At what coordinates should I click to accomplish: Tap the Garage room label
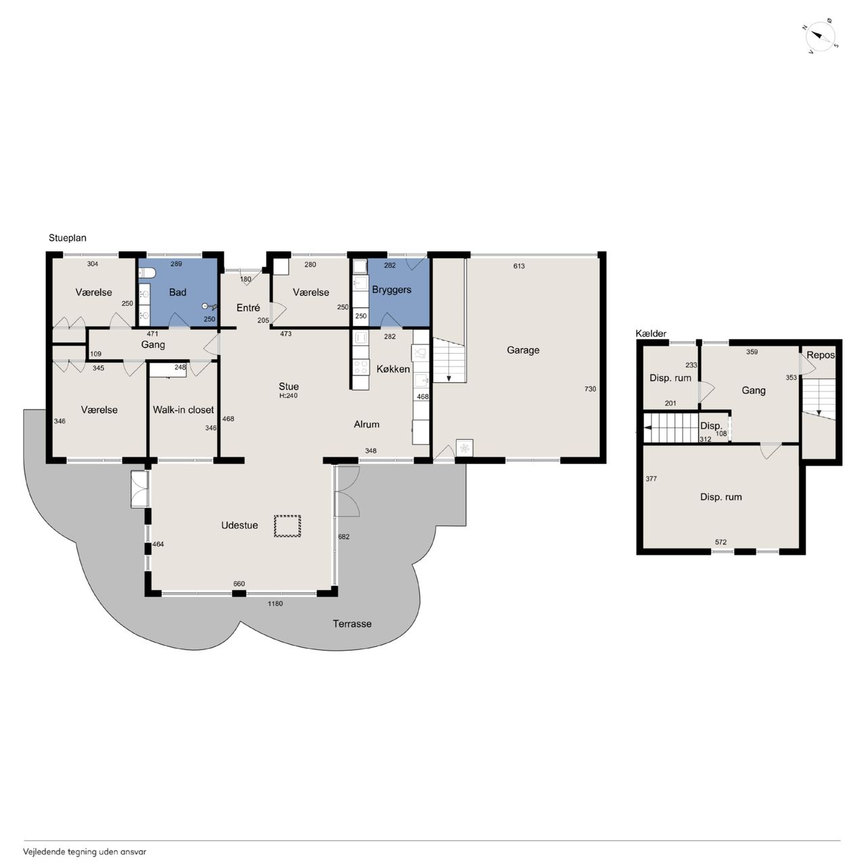(523, 350)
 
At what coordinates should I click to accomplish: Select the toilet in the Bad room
(147, 273)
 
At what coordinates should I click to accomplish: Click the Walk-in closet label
(183, 410)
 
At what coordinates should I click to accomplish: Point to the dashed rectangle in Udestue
(287, 526)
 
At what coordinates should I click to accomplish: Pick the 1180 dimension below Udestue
(275, 603)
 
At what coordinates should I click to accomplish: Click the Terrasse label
(352, 624)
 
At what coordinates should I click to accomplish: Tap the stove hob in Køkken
(361, 367)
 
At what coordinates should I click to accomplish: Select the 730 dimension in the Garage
(590, 389)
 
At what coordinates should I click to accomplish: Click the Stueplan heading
(68, 238)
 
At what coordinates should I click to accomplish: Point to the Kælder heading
(651, 334)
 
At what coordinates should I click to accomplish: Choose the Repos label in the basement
(820, 355)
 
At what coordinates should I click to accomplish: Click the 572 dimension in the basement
(721, 542)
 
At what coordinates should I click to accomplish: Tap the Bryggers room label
(392, 290)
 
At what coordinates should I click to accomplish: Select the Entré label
(248, 308)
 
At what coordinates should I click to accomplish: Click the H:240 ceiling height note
(288, 396)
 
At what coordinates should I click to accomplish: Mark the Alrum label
(366, 424)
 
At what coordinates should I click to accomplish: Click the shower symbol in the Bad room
(210, 306)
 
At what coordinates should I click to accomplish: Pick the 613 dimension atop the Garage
(519, 266)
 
